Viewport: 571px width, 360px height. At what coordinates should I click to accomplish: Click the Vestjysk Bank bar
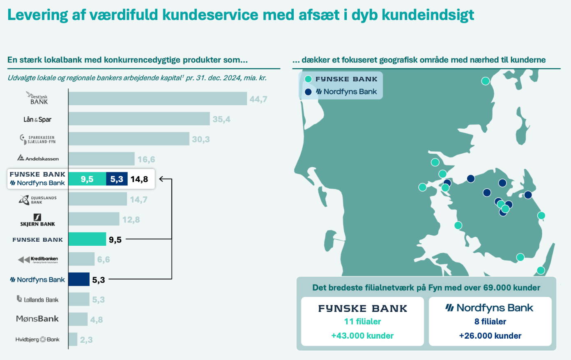click(157, 99)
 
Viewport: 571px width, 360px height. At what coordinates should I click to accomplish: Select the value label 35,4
click(221, 119)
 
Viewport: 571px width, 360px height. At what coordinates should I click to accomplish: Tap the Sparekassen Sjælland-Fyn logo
click(38, 139)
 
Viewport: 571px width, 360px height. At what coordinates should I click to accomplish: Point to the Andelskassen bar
click(101, 159)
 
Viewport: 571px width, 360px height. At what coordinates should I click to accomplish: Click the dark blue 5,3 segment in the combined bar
click(117, 179)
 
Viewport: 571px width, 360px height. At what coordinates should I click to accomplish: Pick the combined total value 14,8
click(139, 179)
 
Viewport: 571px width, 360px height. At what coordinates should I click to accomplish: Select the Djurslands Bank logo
click(38, 200)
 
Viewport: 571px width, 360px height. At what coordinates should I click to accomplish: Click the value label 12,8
click(131, 219)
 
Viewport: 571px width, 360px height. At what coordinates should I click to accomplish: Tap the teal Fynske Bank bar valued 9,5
click(87, 239)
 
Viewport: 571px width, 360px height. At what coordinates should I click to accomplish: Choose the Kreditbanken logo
click(38, 260)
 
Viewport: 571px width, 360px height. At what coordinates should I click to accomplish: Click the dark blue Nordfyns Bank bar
click(79, 279)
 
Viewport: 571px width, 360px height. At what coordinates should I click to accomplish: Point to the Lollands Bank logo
click(38, 300)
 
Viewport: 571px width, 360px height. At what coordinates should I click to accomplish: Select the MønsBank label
click(37, 319)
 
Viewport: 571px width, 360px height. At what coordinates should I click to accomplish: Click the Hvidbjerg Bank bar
click(73, 339)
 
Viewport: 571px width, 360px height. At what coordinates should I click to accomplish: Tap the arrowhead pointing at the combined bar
click(161, 179)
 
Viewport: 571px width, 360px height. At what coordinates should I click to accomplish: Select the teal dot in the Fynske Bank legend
click(308, 79)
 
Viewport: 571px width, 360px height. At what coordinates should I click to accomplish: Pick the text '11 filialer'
click(362, 321)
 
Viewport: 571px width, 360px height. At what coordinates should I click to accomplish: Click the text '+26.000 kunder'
click(490, 336)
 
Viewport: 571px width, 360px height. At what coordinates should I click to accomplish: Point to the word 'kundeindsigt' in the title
click(428, 15)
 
